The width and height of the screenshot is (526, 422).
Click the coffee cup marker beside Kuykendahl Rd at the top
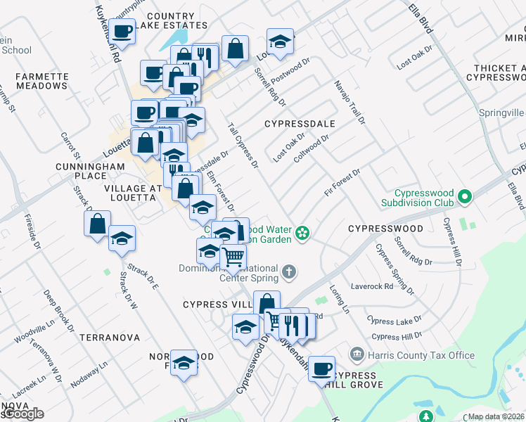[x=122, y=32]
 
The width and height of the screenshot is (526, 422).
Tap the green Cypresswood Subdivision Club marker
[x=463, y=198]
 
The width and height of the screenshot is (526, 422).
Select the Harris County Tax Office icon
[x=357, y=355]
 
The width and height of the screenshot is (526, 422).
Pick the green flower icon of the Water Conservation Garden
[x=302, y=233]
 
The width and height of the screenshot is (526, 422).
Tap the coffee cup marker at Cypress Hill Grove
[x=322, y=368]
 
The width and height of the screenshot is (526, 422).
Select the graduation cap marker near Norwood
[x=184, y=362]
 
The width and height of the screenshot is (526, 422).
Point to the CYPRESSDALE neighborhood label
[x=299, y=124]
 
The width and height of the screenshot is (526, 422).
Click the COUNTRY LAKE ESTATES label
[x=172, y=21]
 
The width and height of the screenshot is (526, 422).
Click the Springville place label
[x=501, y=113]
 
